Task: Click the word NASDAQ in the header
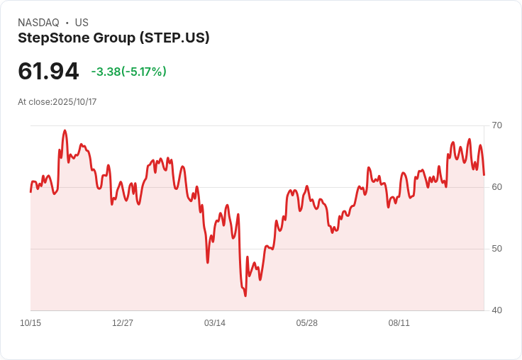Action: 38,23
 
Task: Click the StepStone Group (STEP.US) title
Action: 113,38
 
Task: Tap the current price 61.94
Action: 48,71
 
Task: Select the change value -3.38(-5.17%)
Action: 128,72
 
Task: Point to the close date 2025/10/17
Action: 74,102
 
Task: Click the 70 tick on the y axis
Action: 496,125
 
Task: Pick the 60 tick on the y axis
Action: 496,187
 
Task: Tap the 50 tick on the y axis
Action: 496,249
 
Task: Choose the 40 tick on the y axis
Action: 496,310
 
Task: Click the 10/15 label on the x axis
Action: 30,323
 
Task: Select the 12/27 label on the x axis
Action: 123,323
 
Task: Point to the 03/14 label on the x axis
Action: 215,323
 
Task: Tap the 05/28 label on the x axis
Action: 307,323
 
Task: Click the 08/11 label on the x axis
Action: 399,323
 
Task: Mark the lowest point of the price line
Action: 245,296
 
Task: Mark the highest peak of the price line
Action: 65,130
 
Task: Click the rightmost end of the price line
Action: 484,174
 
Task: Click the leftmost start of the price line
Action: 30,191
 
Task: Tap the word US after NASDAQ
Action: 82,23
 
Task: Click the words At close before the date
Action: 34,102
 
